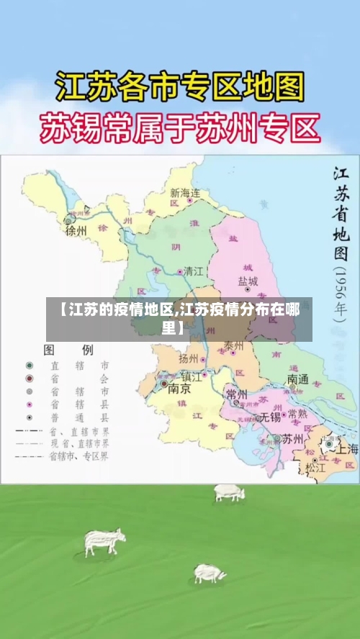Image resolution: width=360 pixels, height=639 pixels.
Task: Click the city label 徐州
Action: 76,231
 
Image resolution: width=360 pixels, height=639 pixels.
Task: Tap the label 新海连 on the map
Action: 185,193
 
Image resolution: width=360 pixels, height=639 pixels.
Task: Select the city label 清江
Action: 194,271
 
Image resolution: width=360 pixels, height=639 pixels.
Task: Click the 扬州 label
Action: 189,358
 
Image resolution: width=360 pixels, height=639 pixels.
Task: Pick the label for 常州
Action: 236,394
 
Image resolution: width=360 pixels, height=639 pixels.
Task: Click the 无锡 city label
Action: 269,417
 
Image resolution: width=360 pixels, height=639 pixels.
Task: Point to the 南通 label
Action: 297,379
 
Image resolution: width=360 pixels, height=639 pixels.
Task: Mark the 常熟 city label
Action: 297,414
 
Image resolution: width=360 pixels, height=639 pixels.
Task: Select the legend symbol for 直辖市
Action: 30,366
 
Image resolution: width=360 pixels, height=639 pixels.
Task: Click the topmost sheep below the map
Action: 229,493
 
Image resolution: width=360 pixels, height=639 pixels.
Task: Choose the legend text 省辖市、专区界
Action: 79,456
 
